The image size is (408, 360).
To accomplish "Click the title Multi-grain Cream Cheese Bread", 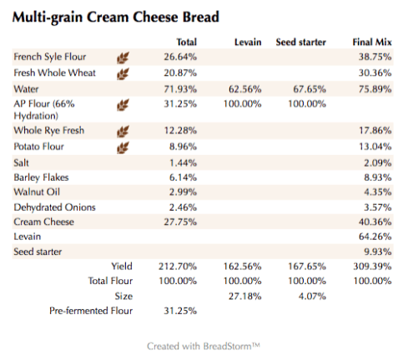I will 116,17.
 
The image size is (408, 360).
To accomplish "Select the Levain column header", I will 248,42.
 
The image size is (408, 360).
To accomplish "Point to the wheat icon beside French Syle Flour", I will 123,57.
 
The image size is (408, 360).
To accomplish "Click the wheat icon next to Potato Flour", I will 123,147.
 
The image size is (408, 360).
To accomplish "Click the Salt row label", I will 23,162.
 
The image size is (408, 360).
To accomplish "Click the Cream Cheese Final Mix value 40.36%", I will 375,222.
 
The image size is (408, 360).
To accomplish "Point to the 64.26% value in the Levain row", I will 375,237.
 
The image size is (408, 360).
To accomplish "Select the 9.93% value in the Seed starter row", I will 378,252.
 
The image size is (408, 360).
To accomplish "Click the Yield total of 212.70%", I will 178,266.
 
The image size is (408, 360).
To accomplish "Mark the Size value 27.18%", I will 245,296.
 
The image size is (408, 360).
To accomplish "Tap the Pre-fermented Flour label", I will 92,311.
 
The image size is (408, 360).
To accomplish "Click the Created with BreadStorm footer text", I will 204,345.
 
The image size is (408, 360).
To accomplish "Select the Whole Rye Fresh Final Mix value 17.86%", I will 375,132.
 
